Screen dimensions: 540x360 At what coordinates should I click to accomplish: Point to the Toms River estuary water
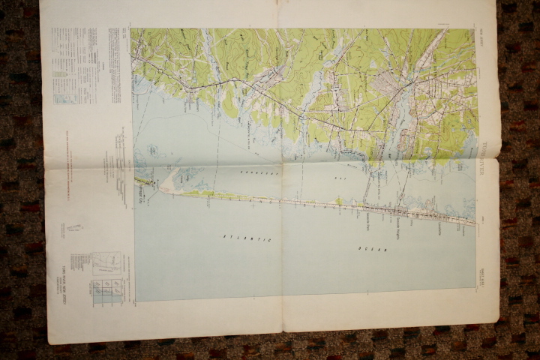coord(405,112)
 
